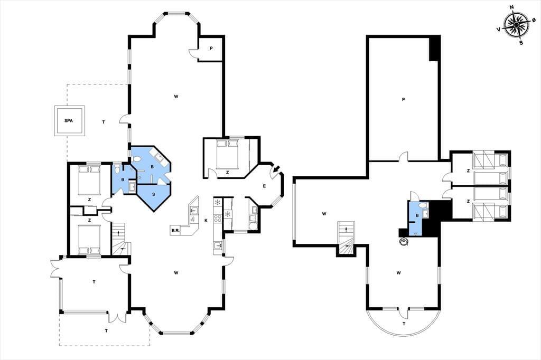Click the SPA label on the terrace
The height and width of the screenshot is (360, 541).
(69, 121)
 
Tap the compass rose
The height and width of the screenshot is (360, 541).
(516, 25)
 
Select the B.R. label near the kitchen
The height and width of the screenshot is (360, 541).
(175, 231)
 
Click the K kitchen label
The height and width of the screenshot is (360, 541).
(206, 221)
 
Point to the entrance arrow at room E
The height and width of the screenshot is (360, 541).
(276, 169)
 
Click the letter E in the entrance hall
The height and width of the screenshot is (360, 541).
(264, 186)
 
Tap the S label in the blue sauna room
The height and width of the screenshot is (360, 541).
(154, 194)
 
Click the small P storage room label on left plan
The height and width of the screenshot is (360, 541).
(211, 49)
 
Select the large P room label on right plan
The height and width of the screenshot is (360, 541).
(403, 100)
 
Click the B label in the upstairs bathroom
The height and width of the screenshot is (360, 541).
(417, 215)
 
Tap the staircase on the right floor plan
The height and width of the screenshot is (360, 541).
(346, 238)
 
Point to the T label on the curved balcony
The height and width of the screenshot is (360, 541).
(404, 324)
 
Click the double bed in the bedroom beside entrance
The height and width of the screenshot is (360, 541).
(227, 153)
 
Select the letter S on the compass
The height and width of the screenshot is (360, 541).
(521, 43)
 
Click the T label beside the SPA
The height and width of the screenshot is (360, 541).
(104, 122)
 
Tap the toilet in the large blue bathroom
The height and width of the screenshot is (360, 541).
(137, 159)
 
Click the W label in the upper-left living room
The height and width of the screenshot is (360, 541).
(176, 97)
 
